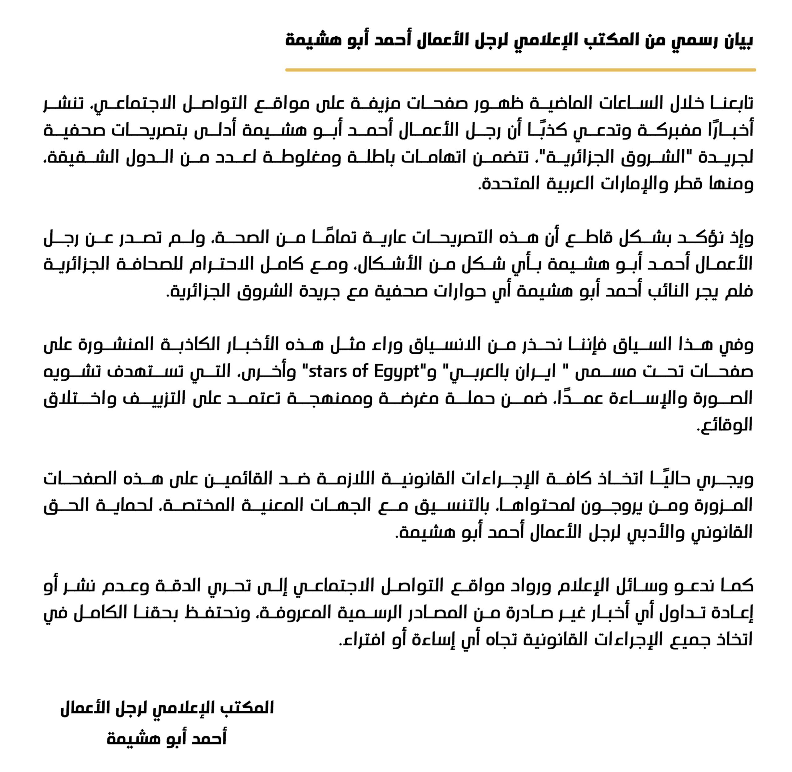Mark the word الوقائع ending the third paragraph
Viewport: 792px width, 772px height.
tap(726, 424)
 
